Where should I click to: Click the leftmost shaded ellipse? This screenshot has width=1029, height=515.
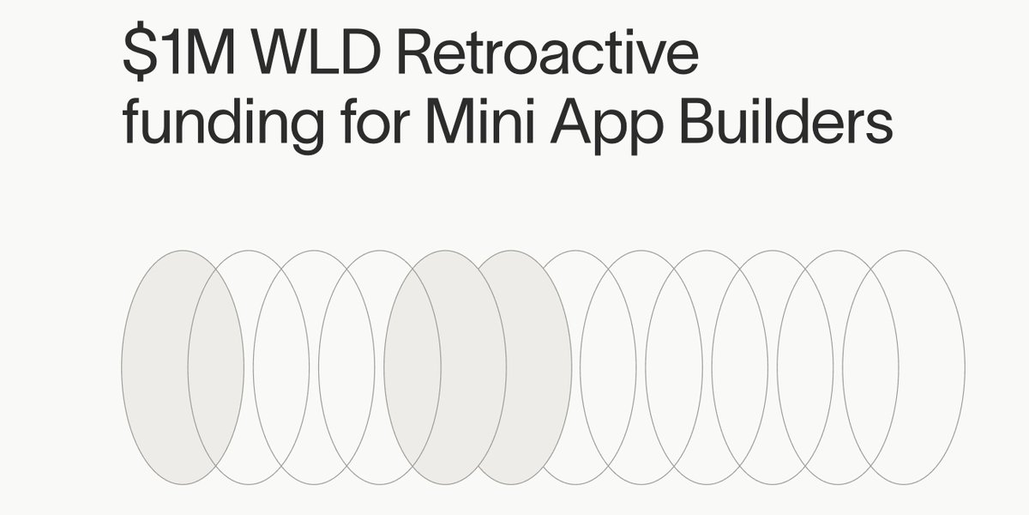(x=154, y=367)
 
